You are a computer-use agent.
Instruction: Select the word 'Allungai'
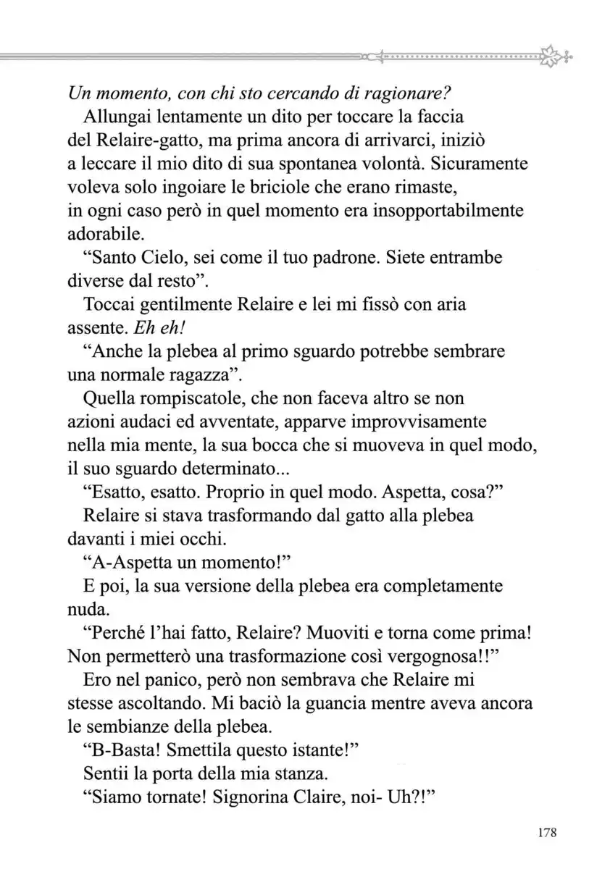[116, 117]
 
